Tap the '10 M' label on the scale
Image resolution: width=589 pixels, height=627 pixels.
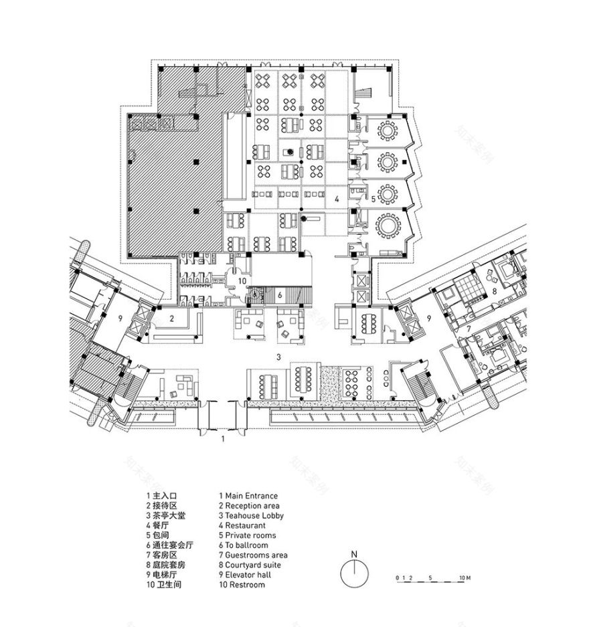465,576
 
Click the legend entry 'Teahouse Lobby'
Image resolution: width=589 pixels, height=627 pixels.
254,516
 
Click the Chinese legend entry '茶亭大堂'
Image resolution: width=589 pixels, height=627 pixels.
167,516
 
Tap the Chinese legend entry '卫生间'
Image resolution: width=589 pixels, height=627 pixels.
167,585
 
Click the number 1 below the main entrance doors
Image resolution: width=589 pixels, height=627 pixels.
223,440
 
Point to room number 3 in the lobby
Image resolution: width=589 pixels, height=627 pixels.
278,357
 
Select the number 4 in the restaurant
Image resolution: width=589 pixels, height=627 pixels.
337,199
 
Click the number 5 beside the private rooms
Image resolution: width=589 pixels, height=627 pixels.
373,199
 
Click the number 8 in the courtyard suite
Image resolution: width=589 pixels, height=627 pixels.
494,291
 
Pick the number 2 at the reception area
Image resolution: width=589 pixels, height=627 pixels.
171,319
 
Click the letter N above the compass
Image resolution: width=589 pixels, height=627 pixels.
357,553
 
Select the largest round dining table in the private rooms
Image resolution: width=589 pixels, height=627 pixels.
388,226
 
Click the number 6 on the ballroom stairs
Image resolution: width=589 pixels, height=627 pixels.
280,295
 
